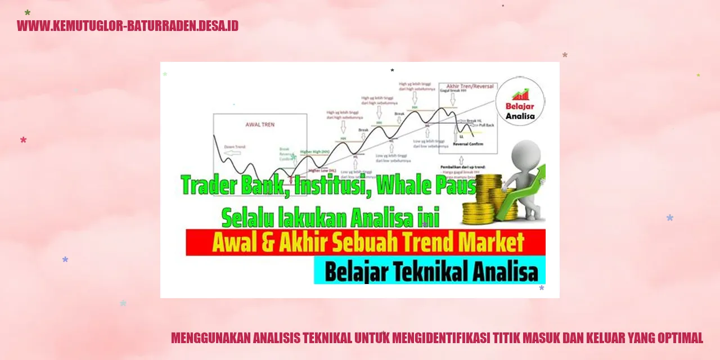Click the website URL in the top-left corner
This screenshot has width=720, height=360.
click(128, 26)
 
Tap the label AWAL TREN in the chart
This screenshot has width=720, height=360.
click(260, 124)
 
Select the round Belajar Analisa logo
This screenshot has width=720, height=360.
click(520, 101)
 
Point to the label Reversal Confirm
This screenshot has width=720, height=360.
click(467, 144)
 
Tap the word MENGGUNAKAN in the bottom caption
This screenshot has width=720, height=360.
click(210, 338)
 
